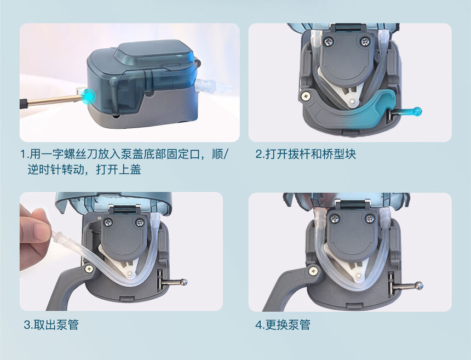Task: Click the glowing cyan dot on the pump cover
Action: (88, 96)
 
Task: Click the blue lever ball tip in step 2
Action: (418, 111)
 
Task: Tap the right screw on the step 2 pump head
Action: (365, 41)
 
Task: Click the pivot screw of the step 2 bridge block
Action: (306, 95)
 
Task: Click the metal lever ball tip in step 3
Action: (183, 282)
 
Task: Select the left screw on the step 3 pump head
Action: (108, 222)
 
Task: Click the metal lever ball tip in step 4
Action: (418, 285)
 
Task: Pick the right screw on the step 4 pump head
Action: (370, 219)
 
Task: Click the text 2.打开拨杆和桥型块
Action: (306, 154)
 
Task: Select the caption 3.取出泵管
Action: (51, 325)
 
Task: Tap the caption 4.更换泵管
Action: (283, 325)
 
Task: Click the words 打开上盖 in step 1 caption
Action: (118, 170)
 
